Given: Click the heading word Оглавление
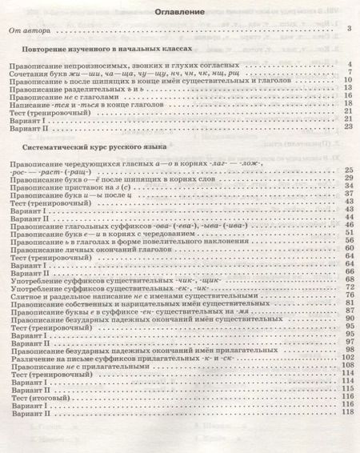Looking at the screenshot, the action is pos(179,13).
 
